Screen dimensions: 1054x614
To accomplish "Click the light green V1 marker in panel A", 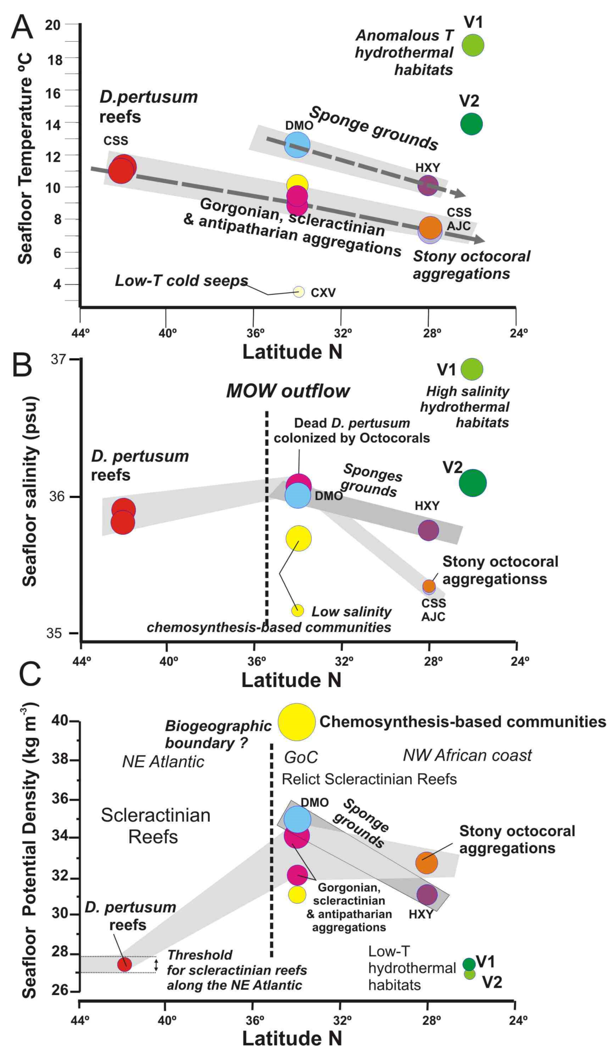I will pyautogui.click(x=473, y=45).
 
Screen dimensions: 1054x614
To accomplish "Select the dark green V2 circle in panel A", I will pyautogui.click(x=471, y=124).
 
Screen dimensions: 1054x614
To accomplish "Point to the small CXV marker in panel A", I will pyautogui.click(x=299, y=292).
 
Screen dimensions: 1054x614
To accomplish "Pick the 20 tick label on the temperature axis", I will pyautogui.click(x=53, y=25).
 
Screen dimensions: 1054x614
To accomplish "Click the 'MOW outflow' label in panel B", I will pyautogui.click(x=288, y=391).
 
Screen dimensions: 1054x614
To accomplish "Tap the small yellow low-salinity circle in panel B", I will pyautogui.click(x=297, y=610).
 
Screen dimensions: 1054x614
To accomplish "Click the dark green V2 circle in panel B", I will pyautogui.click(x=473, y=483).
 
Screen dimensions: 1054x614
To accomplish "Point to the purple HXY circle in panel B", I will pyautogui.click(x=428, y=530).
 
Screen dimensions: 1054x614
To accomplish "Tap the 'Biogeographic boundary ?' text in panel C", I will pyautogui.click(x=218, y=734).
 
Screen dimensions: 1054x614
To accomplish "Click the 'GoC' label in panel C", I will pyautogui.click(x=301, y=757).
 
